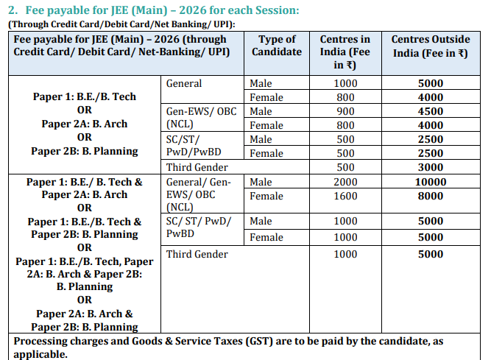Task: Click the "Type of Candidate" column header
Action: pyautogui.click(x=277, y=46)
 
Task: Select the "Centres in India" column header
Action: pyautogui.click(x=345, y=52)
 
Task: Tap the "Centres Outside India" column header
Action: pyautogui.click(x=430, y=46)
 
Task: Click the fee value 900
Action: pyautogui.click(x=345, y=111)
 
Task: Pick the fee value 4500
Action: pyautogui.click(x=430, y=111)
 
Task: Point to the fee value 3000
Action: pyautogui.click(x=430, y=167)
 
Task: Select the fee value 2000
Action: pyautogui.click(x=345, y=182)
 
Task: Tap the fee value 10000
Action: pyautogui.click(x=430, y=182)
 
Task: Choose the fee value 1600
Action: pyautogui.click(x=345, y=196)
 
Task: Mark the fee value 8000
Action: pyautogui.click(x=430, y=196)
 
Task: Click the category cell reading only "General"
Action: pyautogui.click(x=184, y=83)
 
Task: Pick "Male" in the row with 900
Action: pyautogui.click(x=261, y=111)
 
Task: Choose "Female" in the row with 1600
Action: pyautogui.click(x=266, y=196)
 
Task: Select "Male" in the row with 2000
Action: pyautogui.click(x=261, y=182)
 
